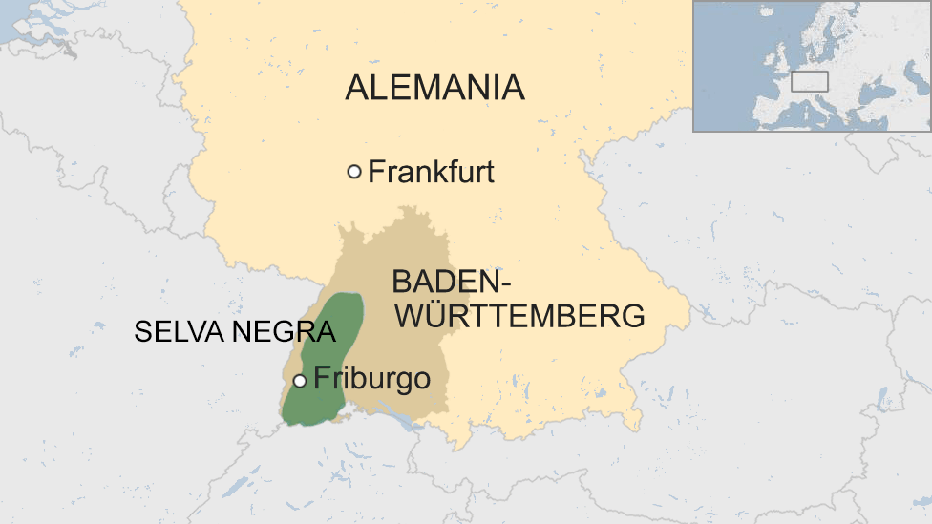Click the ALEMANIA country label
coord(434,88)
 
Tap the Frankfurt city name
coord(431,173)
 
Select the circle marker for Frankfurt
coord(354,172)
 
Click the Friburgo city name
coord(371,379)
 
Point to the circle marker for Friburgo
coord(299,381)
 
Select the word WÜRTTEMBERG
coord(519,316)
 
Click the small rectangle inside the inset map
coord(809,82)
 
